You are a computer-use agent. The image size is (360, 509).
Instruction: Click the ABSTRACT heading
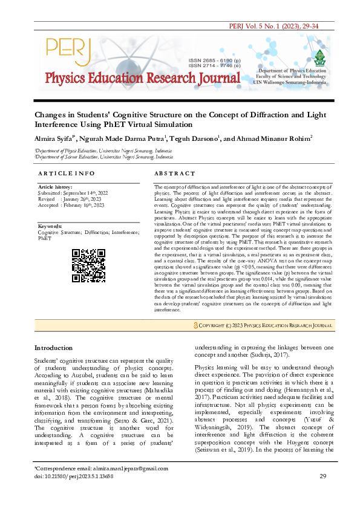(x=174, y=173)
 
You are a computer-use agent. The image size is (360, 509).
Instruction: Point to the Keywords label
(x=50, y=226)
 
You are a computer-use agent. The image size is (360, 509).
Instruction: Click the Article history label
(x=55, y=187)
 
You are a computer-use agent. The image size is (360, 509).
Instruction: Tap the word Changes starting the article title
(x=51, y=114)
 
